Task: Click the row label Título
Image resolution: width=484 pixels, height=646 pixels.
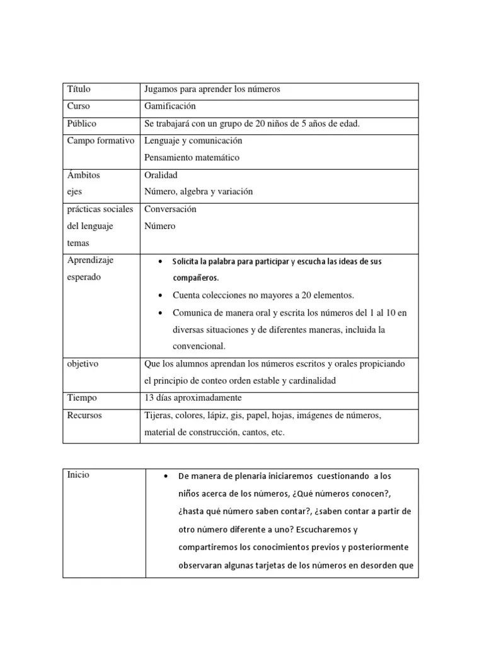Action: pyautogui.click(x=79, y=90)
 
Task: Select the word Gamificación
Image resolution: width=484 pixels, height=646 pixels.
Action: pyautogui.click(x=170, y=107)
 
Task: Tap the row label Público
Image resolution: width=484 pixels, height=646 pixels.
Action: pyautogui.click(x=82, y=124)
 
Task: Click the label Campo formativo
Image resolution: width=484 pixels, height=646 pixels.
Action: pyautogui.click(x=101, y=141)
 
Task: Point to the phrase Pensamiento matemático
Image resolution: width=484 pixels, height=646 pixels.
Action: pyautogui.click(x=192, y=158)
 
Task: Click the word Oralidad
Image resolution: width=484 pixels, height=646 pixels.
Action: pyautogui.click(x=161, y=175)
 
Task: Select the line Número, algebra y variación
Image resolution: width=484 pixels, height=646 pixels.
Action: pyautogui.click(x=199, y=192)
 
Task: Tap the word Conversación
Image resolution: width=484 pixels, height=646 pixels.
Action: pyautogui.click(x=170, y=209)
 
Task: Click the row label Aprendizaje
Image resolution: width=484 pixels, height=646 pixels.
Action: pyautogui.click(x=90, y=260)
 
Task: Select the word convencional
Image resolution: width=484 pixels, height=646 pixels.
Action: pyautogui.click(x=199, y=346)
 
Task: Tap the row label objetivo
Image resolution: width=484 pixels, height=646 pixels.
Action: pyautogui.click(x=83, y=364)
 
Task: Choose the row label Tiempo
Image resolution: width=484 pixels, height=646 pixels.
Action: pyautogui.click(x=81, y=398)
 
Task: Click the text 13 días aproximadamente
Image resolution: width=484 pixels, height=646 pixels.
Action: pyautogui.click(x=193, y=398)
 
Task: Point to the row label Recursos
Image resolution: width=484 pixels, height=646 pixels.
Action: pyautogui.click(x=84, y=416)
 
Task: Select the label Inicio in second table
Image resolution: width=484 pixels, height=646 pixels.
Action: pyautogui.click(x=78, y=475)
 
